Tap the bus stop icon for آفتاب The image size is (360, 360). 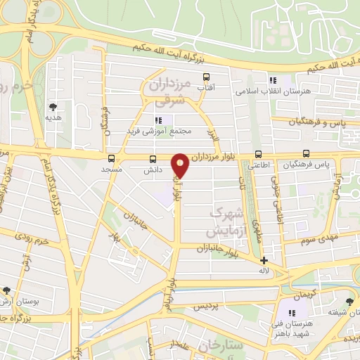pos(206,77)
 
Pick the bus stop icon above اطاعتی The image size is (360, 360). pos(259,154)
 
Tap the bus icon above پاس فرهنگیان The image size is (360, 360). pos(306,153)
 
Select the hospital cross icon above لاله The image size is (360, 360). pos(264,260)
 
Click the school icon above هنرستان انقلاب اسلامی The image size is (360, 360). pos(273,80)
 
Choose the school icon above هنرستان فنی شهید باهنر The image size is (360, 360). pos(292,312)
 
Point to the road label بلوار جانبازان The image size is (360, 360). pos(205,248)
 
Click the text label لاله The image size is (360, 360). pos(264,271)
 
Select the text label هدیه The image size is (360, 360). pos(54,118)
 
